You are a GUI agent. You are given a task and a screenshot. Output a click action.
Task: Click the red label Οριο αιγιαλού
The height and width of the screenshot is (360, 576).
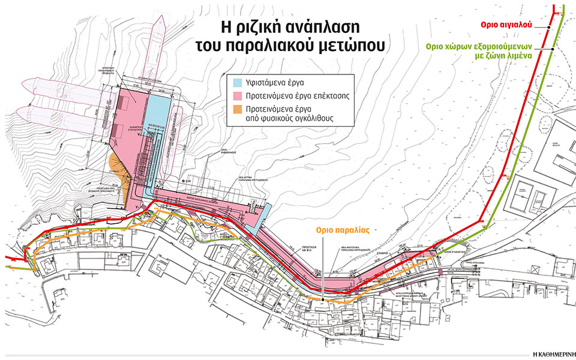click(518, 26)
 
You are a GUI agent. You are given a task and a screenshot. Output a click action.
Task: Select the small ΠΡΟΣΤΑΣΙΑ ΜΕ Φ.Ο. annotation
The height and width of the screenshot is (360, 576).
click(313, 248)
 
